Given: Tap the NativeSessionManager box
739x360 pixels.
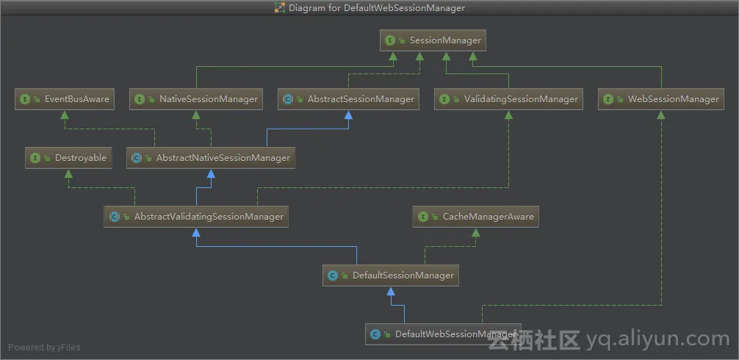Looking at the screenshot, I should [x=198, y=99].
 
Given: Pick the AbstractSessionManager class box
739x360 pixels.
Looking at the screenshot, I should [x=348, y=99].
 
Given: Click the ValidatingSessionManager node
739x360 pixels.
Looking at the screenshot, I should [x=508, y=99].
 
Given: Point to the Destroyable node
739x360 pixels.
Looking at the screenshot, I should [x=68, y=158].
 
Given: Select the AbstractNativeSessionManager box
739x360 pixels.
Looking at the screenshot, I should [x=211, y=158].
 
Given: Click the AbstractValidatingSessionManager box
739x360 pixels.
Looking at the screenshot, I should [x=195, y=217].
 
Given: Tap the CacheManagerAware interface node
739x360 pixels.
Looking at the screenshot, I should [x=476, y=217].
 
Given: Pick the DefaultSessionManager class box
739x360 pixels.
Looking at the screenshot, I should [x=392, y=276].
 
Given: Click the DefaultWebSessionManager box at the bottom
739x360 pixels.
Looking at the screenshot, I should [x=443, y=334].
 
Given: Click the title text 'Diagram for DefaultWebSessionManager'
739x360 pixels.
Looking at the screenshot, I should [x=377, y=8].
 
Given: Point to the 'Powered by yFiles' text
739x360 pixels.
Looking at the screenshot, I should [x=45, y=348].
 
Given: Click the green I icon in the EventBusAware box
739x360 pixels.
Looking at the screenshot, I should [x=25, y=99].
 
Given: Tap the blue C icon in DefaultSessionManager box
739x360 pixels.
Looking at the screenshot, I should [x=333, y=276].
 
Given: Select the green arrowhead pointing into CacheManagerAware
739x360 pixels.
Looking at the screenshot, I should [x=476, y=232].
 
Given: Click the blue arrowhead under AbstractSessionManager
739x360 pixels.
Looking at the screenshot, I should [x=348, y=115].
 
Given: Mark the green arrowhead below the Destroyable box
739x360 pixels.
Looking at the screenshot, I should [x=68, y=173].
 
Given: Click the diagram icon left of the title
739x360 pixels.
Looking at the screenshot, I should [x=280, y=8].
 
